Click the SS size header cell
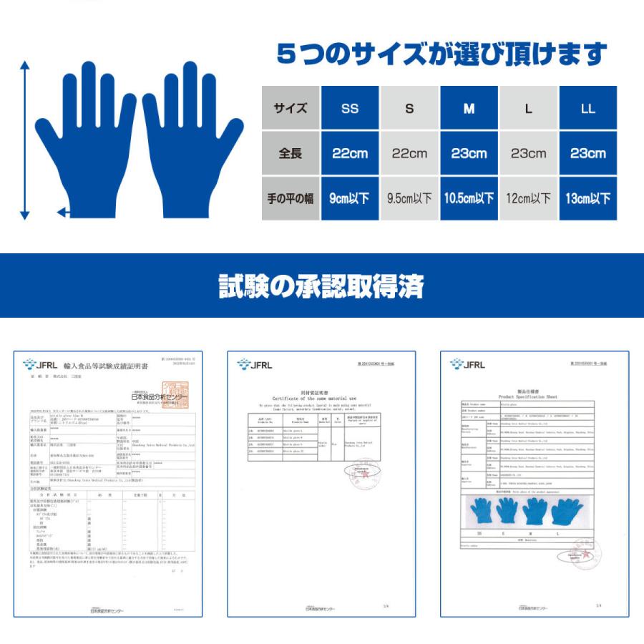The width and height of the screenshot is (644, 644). point(350,109)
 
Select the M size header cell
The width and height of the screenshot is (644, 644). point(469,109)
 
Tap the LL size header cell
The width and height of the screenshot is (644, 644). point(587,109)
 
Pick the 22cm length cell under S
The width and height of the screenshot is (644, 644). point(409,153)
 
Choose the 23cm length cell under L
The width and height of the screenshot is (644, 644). point(528,153)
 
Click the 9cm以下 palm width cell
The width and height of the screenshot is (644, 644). point(350,198)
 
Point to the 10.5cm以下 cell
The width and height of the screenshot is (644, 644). point(469,198)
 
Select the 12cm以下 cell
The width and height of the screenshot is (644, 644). point(528,198)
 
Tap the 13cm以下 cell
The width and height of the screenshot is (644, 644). point(587,198)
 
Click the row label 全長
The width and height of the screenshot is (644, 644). point(291,153)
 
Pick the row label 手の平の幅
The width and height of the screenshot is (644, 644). point(291,198)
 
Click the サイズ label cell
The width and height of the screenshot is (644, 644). point(291,109)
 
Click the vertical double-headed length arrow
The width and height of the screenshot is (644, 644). point(25,140)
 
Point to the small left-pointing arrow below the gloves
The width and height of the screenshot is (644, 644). point(63,212)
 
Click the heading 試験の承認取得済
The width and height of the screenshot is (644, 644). point(321,286)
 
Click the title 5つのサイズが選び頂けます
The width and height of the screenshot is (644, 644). point(441,54)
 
